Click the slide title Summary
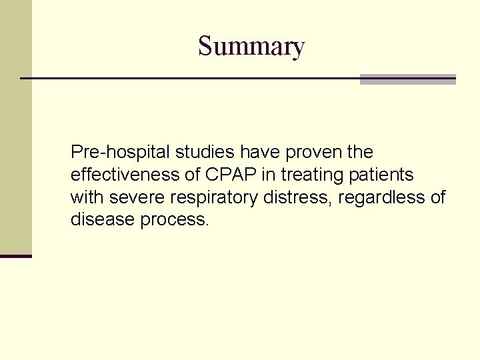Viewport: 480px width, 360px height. pyautogui.click(x=251, y=47)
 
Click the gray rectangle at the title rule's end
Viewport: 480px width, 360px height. pyautogui.click(x=407, y=79)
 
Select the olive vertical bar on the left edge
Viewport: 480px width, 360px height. pyautogui.click(x=15, y=127)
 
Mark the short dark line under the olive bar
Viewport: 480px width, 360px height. pyautogui.click(x=15, y=256)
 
